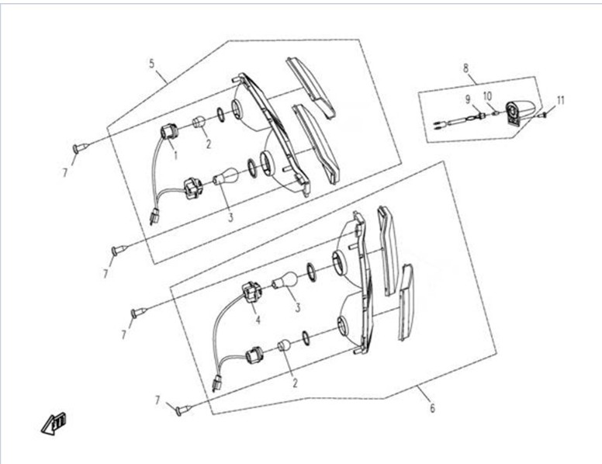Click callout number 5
click(x=151, y=64)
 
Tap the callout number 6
click(x=433, y=408)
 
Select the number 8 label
click(x=466, y=68)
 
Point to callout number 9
click(x=468, y=99)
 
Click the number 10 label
click(x=487, y=96)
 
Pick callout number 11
click(x=561, y=101)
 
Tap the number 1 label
click(x=176, y=155)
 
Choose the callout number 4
click(x=258, y=320)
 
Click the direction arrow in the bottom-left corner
click(x=54, y=424)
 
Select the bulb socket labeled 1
click(x=168, y=133)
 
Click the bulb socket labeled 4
click(x=251, y=293)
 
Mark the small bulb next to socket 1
click(x=199, y=122)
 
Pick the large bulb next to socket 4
click(x=285, y=279)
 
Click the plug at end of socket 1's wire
click(x=154, y=216)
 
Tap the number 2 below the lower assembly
click(x=295, y=383)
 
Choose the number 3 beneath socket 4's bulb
click(x=298, y=307)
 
